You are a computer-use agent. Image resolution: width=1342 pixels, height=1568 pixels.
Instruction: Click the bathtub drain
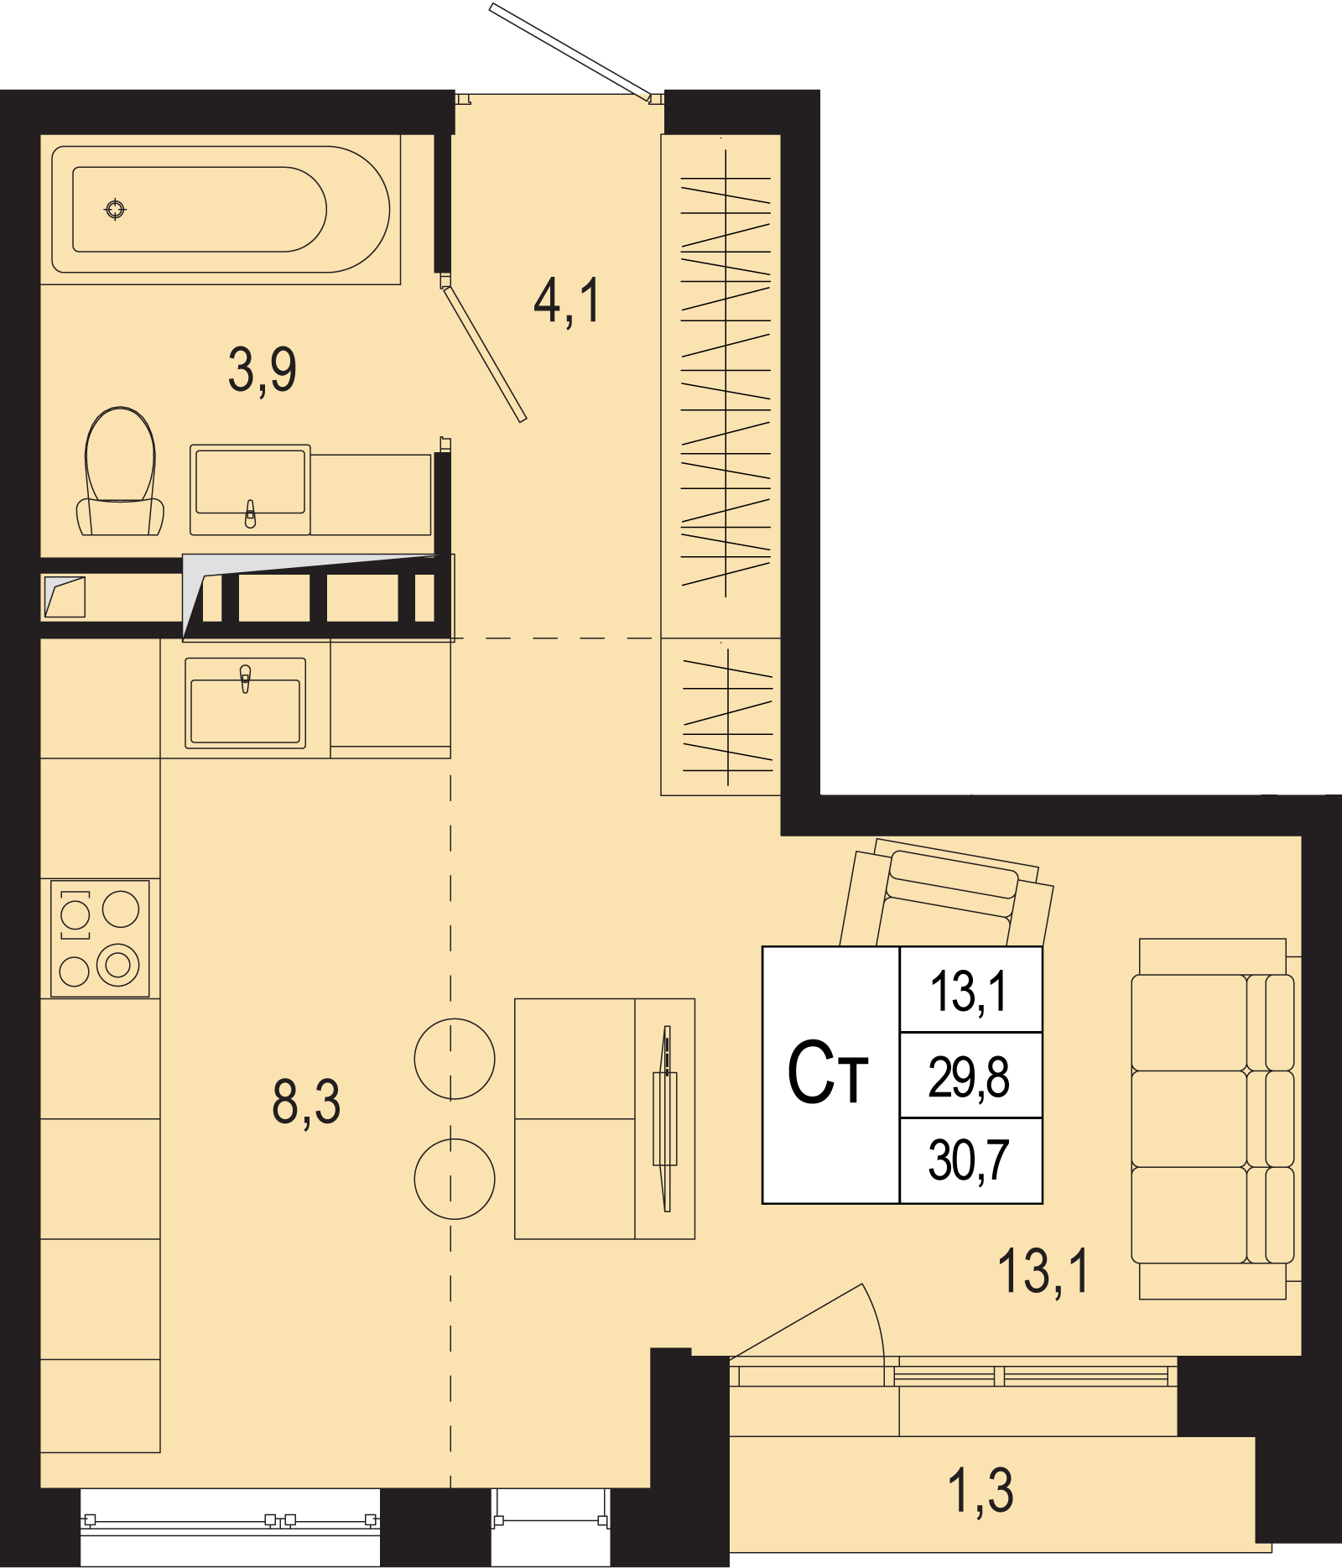tap(116, 209)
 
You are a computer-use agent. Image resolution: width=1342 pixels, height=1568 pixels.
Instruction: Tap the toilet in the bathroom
tap(120, 471)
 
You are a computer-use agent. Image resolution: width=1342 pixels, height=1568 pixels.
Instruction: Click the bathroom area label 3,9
tap(263, 370)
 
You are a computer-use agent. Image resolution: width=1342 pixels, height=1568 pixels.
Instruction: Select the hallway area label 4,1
tap(567, 301)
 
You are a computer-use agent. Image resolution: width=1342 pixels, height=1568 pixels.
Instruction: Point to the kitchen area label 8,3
tap(306, 1102)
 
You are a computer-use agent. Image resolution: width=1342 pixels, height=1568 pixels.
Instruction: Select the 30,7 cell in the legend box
tap(970, 1161)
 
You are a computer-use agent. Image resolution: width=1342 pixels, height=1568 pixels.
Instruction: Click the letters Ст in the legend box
tap(827, 1073)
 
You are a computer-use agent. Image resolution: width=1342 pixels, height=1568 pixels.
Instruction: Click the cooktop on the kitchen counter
tap(100, 939)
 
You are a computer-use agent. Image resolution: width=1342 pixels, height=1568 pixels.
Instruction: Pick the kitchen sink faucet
tap(245, 678)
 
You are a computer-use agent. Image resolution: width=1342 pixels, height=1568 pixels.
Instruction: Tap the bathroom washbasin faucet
tap(250, 513)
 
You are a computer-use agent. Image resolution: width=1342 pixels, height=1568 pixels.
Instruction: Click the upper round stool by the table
tap(455, 1059)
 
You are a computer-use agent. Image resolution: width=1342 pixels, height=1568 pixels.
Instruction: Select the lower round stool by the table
tap(455, 1179)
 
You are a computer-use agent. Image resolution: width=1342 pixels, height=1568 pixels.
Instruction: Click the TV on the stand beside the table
tap(666, 1118)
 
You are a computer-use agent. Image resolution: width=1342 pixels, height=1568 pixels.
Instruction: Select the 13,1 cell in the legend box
tap(970, 990)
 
